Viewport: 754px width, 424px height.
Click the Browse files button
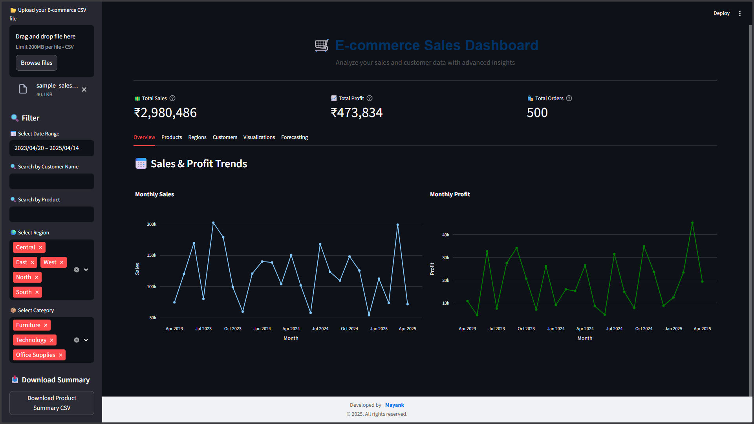36,63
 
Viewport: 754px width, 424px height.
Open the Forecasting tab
294,137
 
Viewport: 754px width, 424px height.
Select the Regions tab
197,137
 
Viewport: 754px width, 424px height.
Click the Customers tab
225,137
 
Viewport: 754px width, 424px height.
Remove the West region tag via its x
62,262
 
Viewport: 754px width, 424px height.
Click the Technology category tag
31,340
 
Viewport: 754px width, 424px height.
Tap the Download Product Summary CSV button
52,403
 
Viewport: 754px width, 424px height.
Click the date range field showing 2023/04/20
51,148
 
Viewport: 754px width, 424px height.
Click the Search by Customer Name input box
51,181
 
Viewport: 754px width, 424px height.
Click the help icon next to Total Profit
370,98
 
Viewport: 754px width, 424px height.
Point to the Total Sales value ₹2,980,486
165,113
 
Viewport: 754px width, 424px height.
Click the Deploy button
721,13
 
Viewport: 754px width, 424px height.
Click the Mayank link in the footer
394,405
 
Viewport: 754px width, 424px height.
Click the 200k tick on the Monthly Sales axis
152,224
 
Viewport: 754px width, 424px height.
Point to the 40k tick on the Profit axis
446,235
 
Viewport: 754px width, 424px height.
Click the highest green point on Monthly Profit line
692,223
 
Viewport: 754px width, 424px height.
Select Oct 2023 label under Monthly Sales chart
232,329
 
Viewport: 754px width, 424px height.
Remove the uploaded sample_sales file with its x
84,90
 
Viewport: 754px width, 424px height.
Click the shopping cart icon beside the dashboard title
321,46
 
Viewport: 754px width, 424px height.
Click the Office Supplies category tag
35,355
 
